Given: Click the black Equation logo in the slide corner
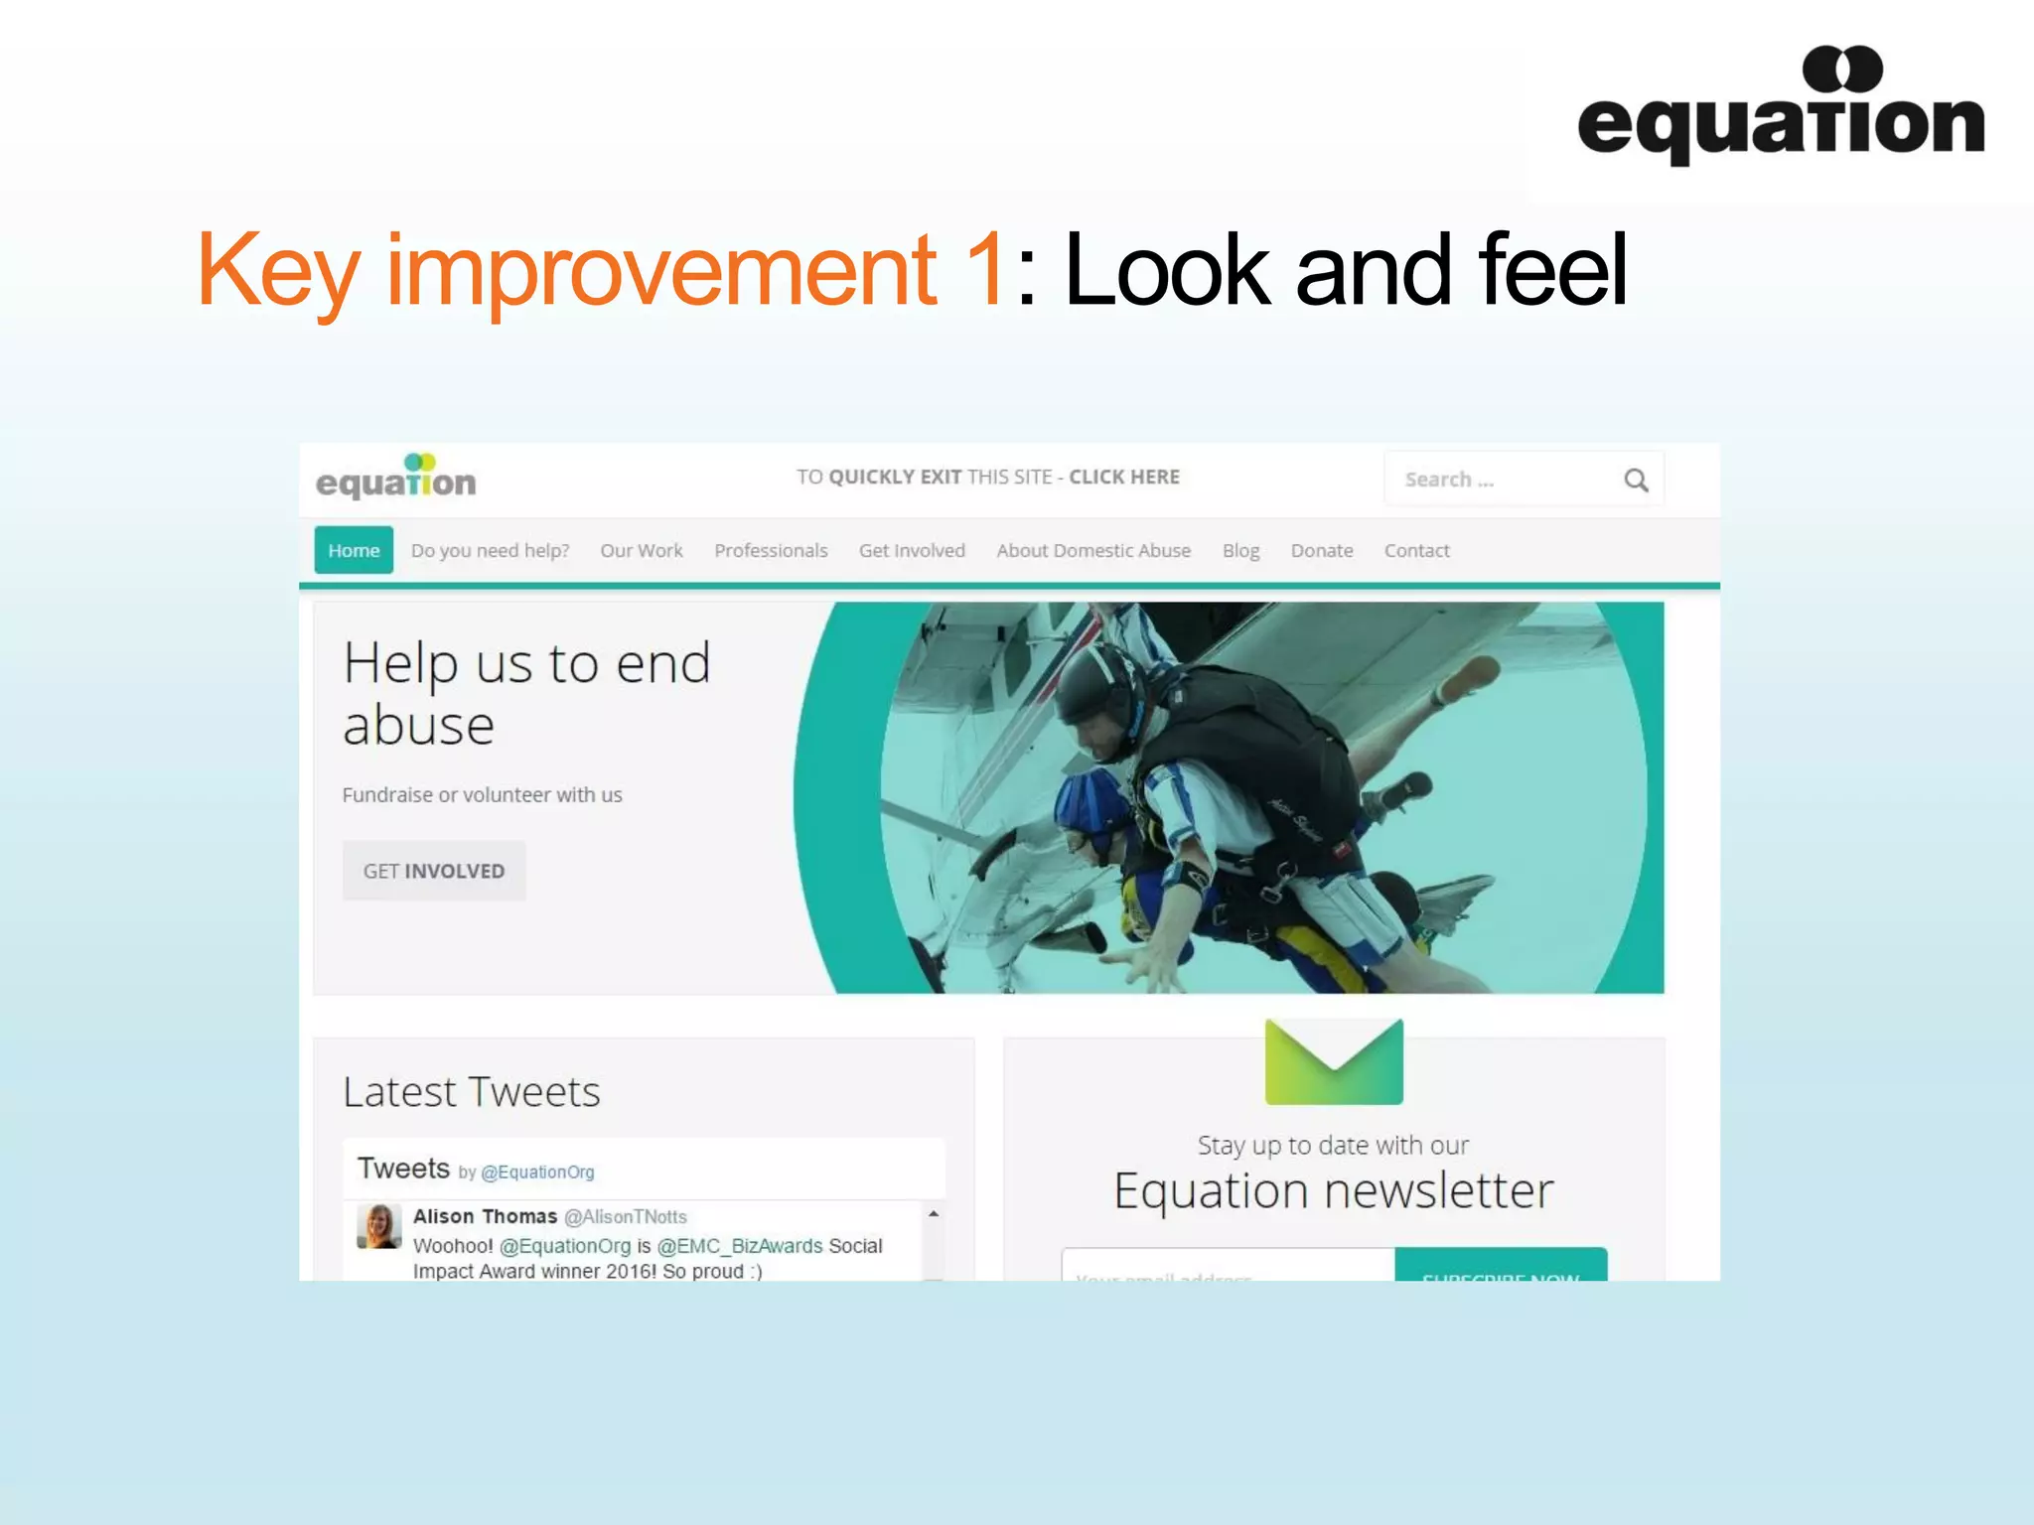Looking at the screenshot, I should point(1781,107).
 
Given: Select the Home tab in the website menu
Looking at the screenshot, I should point(354,550).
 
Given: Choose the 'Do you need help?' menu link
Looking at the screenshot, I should point(490,550).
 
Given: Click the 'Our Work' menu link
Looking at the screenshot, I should point(641,550).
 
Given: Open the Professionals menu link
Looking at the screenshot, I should point(771,550).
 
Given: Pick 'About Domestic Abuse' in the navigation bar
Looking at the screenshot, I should point(1093,550).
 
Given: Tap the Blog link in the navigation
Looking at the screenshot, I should point(1240,550).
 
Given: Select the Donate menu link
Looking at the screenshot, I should point(1321,550).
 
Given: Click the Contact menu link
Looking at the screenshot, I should point(1416,550).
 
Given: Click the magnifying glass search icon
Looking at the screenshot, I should point(1636,481).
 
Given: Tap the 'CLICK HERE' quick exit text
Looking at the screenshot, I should point(1124,477).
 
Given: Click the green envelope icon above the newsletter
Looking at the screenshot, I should point(1334,1061).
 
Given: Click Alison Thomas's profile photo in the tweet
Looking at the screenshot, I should point(378,1226).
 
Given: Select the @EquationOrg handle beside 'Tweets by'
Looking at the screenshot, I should point(537,1173).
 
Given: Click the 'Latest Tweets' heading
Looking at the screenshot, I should point(471,1092).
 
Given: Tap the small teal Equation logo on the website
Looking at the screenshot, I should point(396,478).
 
